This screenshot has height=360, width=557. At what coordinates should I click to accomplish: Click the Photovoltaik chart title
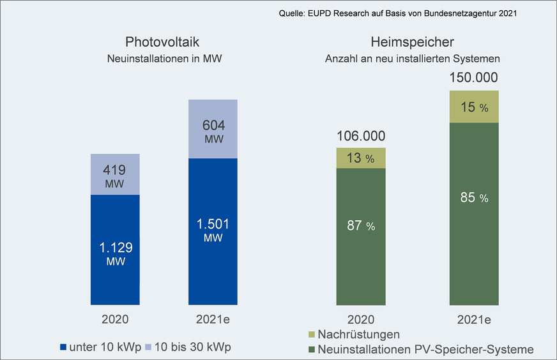click(162, 43)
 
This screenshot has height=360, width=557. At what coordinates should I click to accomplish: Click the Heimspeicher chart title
click(412, 43)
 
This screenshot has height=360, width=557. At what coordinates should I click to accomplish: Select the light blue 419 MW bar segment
click(115, 174)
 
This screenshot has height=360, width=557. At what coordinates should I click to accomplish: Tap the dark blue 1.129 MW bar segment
click(115, 250)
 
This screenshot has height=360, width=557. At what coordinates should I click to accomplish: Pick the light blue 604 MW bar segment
click(213, 129)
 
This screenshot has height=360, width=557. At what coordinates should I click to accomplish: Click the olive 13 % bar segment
click(361, 158)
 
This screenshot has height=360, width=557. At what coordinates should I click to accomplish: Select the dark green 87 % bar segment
click(361, 236)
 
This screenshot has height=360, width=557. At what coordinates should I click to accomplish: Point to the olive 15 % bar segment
click(474, 107)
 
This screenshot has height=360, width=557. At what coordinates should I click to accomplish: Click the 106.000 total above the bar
click(361, 135)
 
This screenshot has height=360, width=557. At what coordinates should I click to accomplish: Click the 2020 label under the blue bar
click(115, 319)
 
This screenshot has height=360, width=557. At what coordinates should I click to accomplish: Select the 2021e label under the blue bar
click(213, 319)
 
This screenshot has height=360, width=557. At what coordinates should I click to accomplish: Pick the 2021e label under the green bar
click(474, 319)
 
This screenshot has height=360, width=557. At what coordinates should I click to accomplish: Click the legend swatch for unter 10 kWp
click(63, 347)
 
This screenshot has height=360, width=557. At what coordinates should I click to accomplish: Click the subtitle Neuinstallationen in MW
click(162, 59)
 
